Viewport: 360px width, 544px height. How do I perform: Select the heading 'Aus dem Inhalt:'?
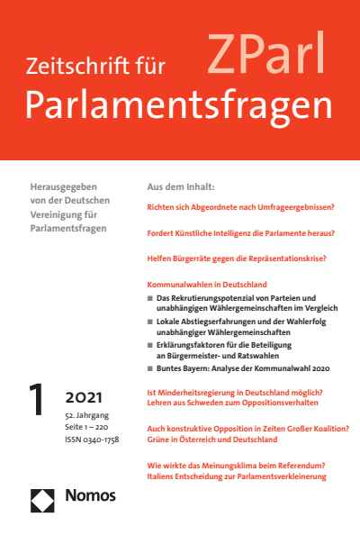pyautogui.click(x=180, y=186)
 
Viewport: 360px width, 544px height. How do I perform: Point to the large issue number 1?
pyautogui.click(x=38, y=403)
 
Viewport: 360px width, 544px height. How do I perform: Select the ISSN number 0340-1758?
pyautogui.click(x=101, y=439)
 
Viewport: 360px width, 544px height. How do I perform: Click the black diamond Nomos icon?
pyautogui.click(x=44, y=494)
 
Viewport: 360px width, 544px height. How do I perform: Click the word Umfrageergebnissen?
pyautogui.click(x=291, y=207)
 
